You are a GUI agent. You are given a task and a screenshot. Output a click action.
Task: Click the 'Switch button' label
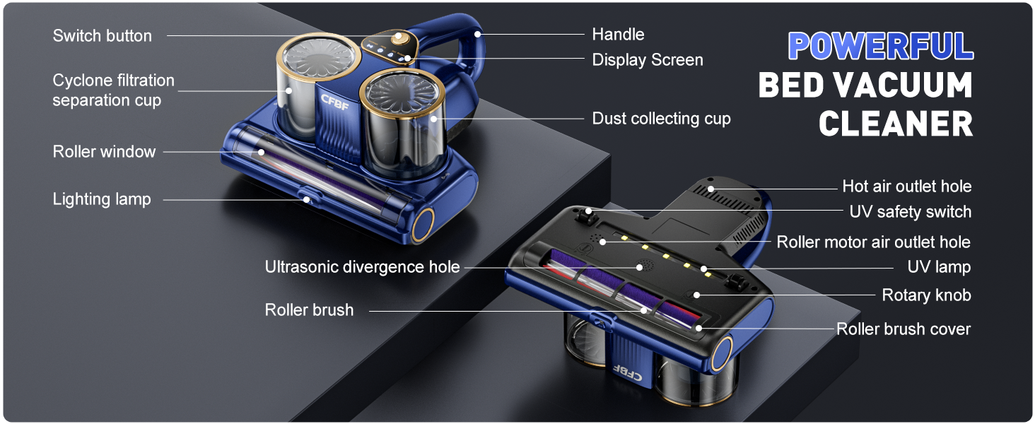(x=102, y=36)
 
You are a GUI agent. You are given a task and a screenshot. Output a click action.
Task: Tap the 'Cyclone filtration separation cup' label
(x=113, y=90)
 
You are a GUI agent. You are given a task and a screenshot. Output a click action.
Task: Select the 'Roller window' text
(x=104, y=152)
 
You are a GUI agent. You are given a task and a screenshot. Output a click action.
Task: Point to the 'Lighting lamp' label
(x=102, y=199)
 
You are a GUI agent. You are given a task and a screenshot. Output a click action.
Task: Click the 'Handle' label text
(x=618, y=34)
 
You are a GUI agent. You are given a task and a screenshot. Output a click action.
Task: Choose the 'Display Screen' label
(x=647, y=60)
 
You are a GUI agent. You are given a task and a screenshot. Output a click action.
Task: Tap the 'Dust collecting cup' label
(x=661, y=119)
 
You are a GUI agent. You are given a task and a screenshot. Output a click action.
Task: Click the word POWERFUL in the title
(x=880, y=47)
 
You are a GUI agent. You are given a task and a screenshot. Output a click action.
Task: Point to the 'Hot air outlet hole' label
(x=906, y=187)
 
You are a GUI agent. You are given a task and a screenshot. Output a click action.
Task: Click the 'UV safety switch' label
(x=910, y=212)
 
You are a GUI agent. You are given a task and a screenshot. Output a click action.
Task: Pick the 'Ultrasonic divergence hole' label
(x=362, y=267)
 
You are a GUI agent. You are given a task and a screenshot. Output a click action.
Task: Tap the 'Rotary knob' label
(x=926, y=295)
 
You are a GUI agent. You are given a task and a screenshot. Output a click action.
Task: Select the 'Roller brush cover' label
(x=904, y=329)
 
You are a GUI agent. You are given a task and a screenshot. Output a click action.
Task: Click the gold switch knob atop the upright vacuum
(x=399, y=36)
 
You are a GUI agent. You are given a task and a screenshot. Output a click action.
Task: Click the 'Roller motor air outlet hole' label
(x=873, y=242)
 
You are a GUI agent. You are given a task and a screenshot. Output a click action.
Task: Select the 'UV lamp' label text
(x=939, y=267)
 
